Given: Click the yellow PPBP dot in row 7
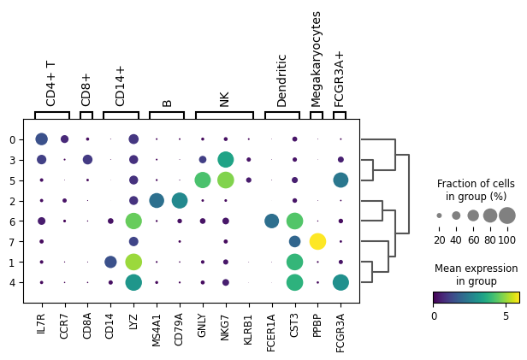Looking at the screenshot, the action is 317,241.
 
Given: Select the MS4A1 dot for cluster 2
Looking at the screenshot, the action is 157,201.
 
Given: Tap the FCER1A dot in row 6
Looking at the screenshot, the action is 271,221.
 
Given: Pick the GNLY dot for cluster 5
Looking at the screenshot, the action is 203,180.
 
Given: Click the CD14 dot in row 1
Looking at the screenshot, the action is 110,262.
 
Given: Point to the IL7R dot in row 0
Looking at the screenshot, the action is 42,139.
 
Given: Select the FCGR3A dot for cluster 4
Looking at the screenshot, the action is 340,282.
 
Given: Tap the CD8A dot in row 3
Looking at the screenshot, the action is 88,160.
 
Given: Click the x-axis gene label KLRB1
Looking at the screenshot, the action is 248,329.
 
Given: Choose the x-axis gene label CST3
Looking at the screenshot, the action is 294,325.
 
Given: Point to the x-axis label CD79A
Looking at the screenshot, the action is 179,329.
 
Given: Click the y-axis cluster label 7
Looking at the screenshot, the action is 13,242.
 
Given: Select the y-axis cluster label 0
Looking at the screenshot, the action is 13,139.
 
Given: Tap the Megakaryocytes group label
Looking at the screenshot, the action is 316,59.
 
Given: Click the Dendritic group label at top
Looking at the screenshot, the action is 281,80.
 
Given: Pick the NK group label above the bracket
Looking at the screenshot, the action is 224,99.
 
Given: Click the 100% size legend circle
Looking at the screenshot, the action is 507,215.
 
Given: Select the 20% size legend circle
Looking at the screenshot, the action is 439,215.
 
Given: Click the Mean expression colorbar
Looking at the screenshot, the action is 477,298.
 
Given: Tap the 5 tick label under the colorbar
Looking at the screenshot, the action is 506,316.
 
